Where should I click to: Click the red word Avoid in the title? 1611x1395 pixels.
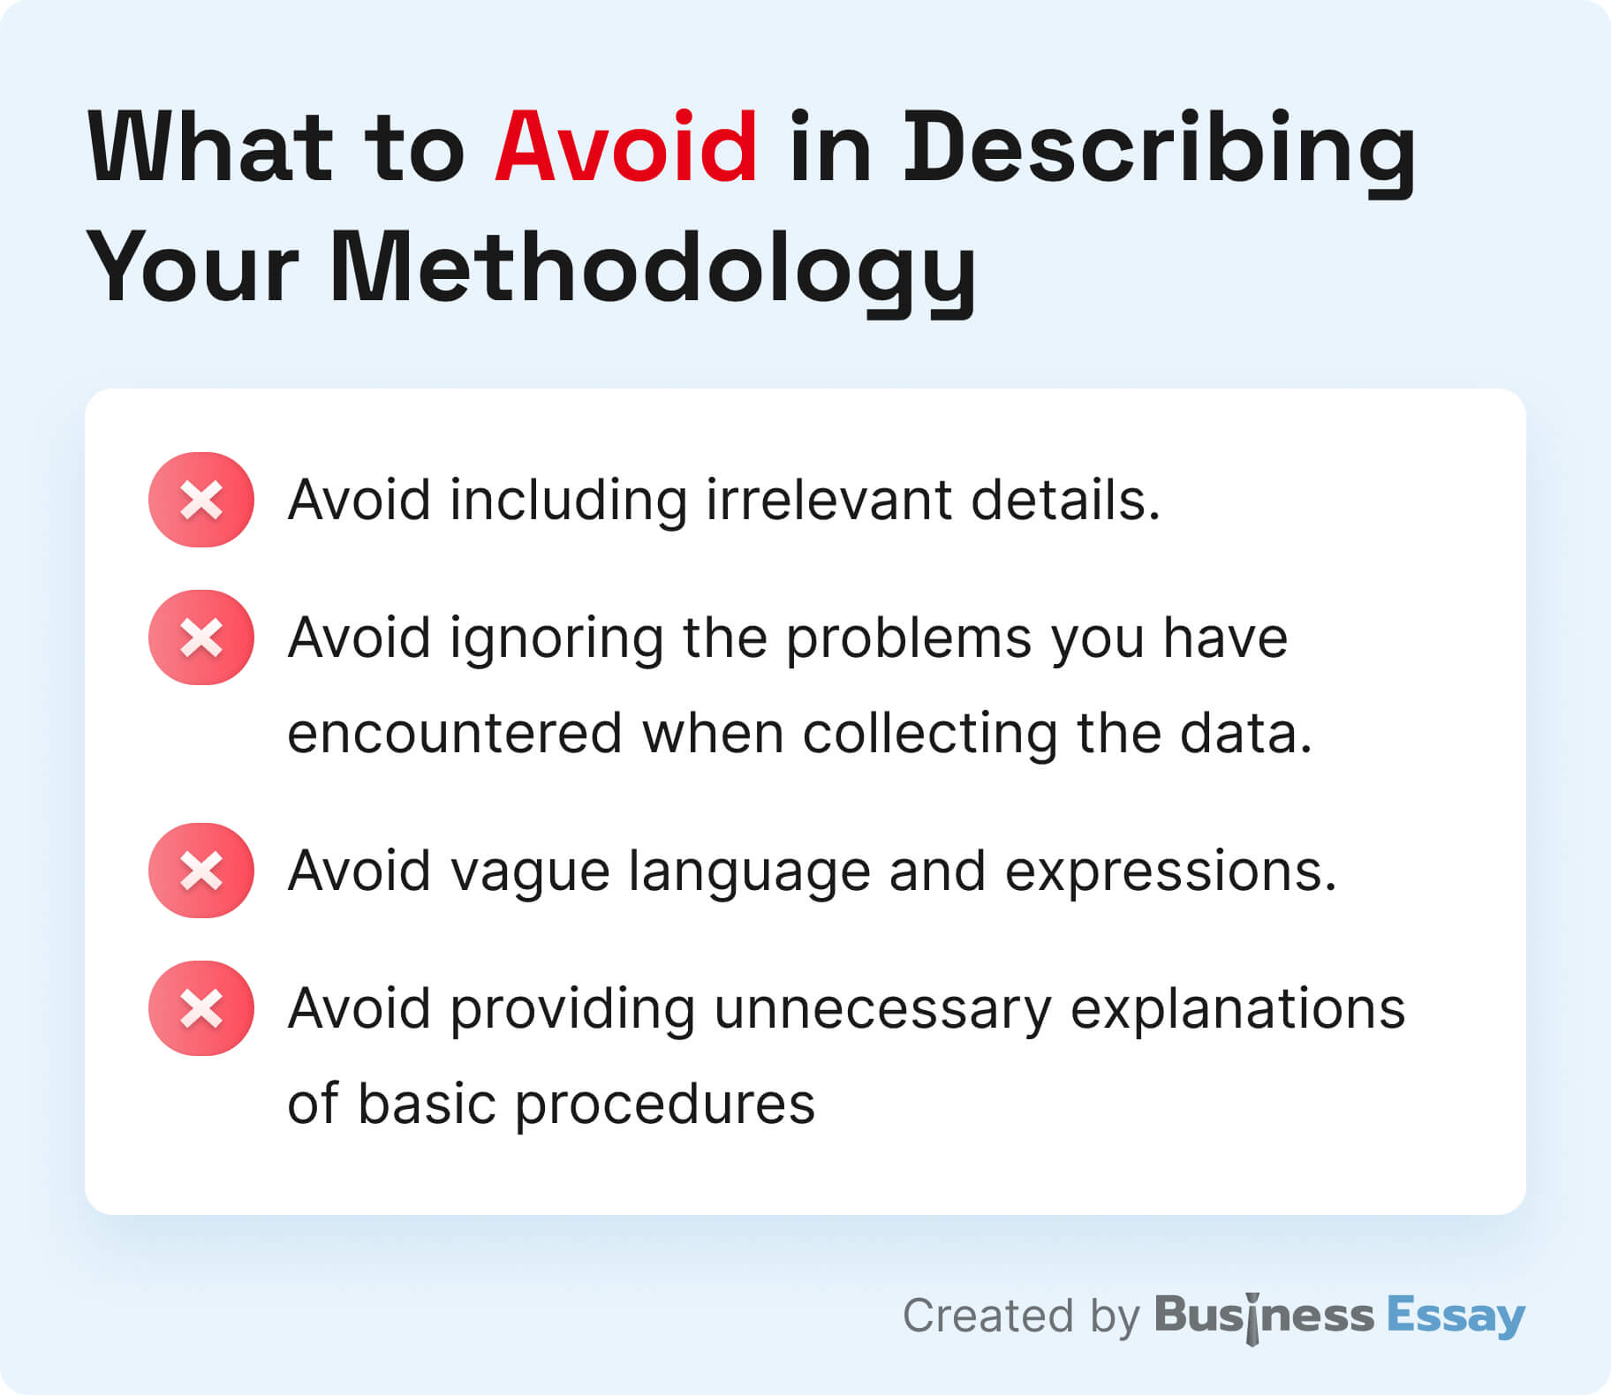(625, 147)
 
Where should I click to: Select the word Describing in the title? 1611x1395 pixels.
(1160, 151)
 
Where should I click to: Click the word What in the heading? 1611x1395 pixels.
(211, 147)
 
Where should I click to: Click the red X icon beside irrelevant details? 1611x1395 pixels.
(201, 500)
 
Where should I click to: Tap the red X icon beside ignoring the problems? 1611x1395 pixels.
(201, 637)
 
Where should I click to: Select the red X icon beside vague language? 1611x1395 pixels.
(201, 871)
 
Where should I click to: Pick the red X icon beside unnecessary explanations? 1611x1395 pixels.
(201, 1008)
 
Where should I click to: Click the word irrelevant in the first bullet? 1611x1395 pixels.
(828, 500)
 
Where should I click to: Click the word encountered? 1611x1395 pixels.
(455, 734)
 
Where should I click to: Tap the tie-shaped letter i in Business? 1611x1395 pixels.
(1252, 1318)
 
